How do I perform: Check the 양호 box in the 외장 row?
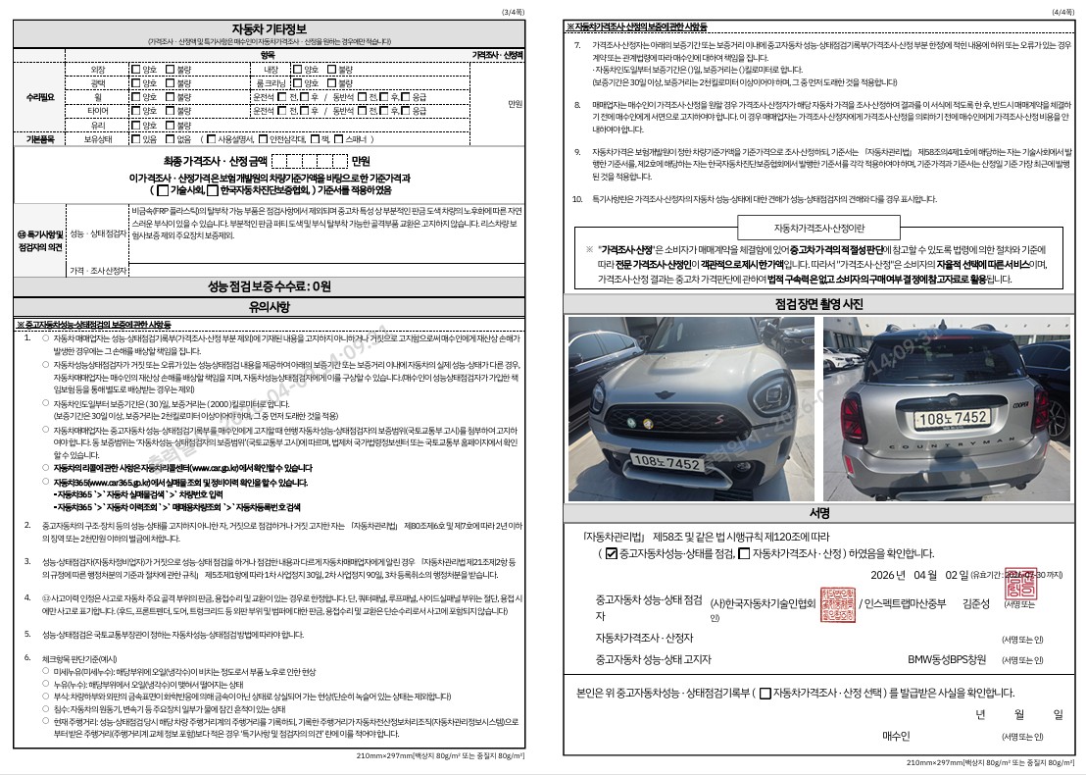tap(135, 70)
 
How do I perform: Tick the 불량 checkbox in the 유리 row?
tap(170, 126)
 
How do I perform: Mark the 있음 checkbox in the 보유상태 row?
tap(135, 139)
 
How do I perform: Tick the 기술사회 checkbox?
tap(163, 189)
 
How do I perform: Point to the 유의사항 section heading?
tap(268, 307)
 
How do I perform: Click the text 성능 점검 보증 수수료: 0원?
tap(268, 286)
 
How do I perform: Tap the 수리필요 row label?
tap(38, 98)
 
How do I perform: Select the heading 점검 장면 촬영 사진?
tap(819, 304)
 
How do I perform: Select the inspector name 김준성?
tap(977, 603)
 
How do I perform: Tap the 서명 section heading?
tap(819, 513)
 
